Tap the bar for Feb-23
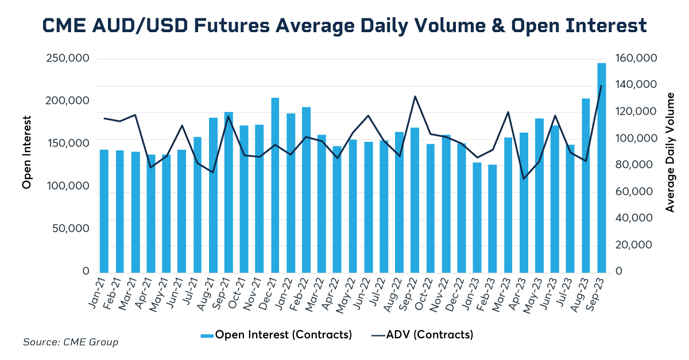(493, 218)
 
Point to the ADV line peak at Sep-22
(415, 96)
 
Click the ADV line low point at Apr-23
(524, 179)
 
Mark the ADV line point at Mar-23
(508, 113)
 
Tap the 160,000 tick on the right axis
(635, 59)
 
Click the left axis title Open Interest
(26, 152)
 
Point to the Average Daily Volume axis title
(669, 152)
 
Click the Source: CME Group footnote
(71, 342)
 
